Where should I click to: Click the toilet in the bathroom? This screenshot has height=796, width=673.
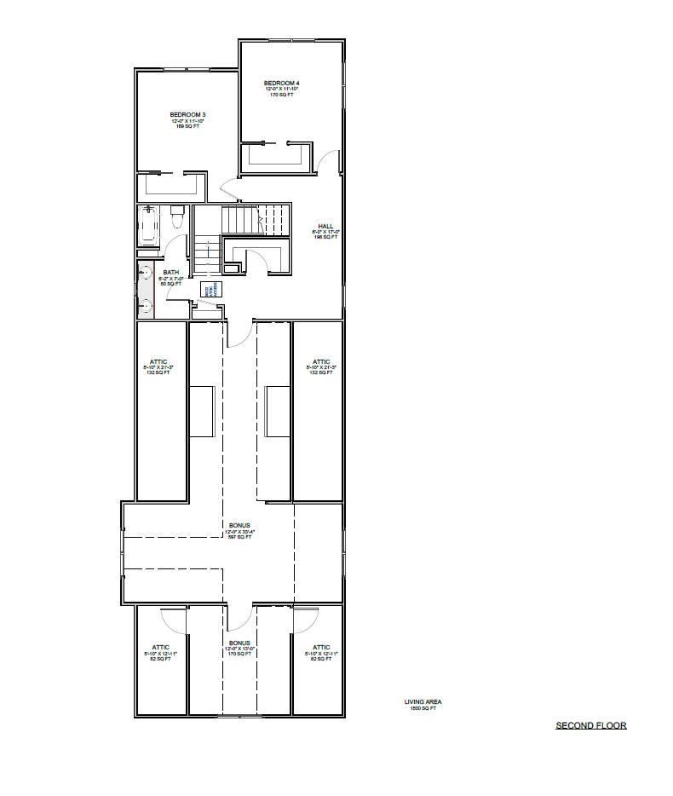(x=176, y=218)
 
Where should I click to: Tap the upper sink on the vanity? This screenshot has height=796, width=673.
(x=145, y=274)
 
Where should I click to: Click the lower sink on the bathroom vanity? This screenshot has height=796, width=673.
(x=145, y=303)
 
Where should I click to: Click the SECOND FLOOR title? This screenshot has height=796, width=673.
(x=590, y=726)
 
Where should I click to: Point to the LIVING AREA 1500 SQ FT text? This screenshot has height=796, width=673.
(x=423, y=705)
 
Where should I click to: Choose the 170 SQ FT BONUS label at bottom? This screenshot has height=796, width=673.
(x=239, y=649)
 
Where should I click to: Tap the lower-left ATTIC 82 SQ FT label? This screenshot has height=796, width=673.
(x=160, y=653)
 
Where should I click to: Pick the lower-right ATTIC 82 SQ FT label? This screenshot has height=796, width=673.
(x=320, y=653)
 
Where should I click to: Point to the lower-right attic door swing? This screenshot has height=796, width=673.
(x=305, y=619)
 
